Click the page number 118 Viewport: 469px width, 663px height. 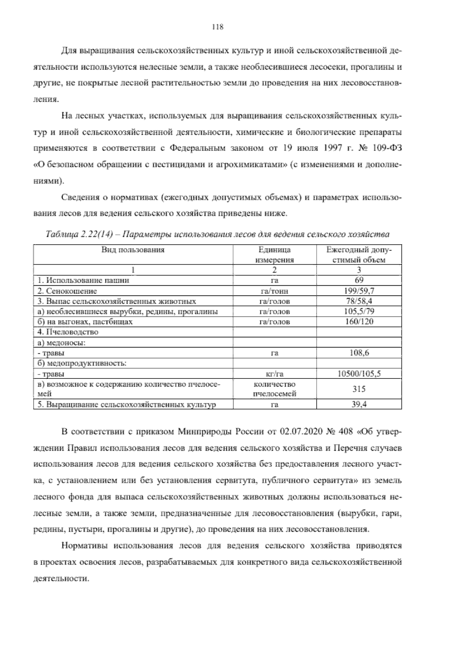[217, 27]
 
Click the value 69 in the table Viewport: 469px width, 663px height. [359, 280]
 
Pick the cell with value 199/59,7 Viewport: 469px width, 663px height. [359, 291]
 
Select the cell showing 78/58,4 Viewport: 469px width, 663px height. [359, 301]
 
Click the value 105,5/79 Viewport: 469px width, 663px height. [359, 312]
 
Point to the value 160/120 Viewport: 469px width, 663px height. [359, 322]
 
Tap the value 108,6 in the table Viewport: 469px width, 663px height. [359, 353]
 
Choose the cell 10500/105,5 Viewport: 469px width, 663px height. [359, 374]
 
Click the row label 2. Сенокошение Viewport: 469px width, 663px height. [67, 291]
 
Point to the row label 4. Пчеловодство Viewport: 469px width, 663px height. [68, 332]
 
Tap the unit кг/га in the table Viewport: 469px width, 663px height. [274, 374]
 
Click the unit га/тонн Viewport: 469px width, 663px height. [274, 291]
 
